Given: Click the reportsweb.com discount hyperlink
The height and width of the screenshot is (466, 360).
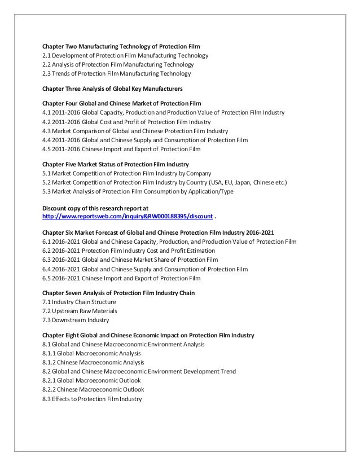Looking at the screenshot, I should tap(129, 217).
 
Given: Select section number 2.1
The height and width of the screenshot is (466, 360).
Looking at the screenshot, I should tap(47, 56).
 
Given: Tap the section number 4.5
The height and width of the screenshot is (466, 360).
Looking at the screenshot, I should tap(47, 149).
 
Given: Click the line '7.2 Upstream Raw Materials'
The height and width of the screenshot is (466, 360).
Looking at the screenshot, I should tap(80, 311).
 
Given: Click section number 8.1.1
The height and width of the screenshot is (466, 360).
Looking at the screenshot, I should tap(50, 353).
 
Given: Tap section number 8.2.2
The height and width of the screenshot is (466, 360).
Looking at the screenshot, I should tap(50, 389).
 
